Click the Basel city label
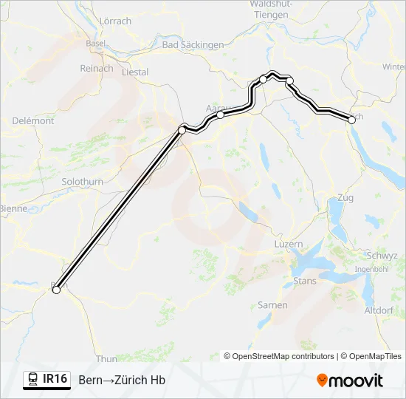tap(95, 44)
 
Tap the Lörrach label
tap(114, 21)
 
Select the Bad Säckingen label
tap(193, 45)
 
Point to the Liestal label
tap(134, 72)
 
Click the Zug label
tap(345, 198)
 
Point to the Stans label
tap(305, 281)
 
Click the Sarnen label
tap(272, 304)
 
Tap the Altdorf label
tap(379, 310)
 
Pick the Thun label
tap(106, 359)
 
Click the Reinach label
tap(97, 69)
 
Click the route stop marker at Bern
tap(55, 290)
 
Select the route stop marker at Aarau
tap(220, 115)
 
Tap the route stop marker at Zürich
tap(351, 117)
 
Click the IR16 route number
tap(55, 379)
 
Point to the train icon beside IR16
tap(32, 380)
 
